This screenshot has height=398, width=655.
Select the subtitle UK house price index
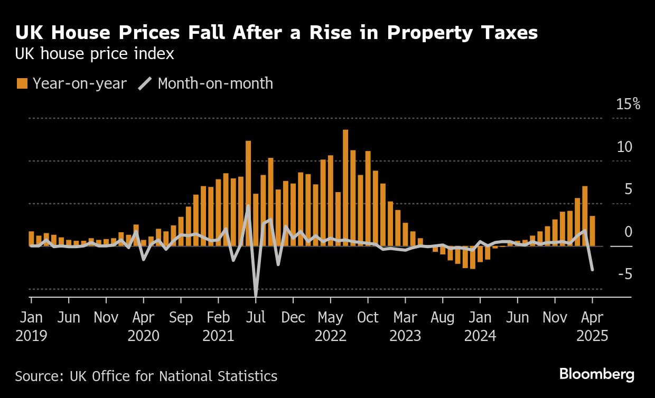95,54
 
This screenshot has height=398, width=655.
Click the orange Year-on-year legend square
22,83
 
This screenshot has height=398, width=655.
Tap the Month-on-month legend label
215,83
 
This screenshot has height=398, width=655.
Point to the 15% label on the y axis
628,104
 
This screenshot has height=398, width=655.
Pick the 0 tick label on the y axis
629,232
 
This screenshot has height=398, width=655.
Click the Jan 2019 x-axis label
31,327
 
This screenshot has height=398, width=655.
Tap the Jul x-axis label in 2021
256,317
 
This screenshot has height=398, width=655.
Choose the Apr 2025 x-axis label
592,327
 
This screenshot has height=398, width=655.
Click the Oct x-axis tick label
368,317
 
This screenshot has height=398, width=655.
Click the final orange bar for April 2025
592,231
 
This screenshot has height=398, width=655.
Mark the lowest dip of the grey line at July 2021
256,294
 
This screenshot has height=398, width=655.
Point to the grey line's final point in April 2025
592,270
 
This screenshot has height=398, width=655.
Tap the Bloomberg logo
597,374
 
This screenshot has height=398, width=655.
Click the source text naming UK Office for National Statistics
146,376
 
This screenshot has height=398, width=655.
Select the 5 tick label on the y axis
629,189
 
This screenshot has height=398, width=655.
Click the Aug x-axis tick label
443,317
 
